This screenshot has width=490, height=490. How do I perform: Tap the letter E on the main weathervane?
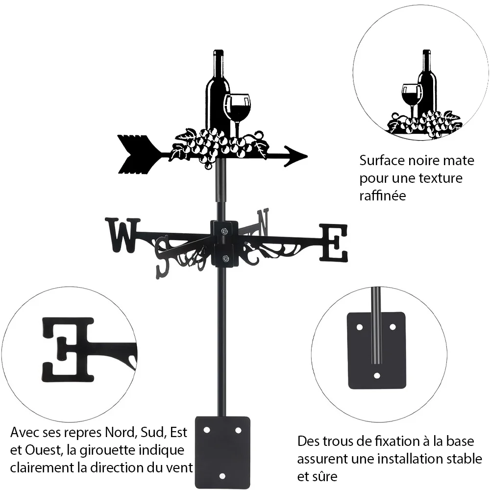coord(333,242)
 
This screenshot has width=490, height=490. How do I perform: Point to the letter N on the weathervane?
coord(263,222)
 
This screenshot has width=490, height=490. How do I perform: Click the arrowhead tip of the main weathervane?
coord(307,156)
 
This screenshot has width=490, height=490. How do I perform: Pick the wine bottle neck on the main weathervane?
coord(218,63)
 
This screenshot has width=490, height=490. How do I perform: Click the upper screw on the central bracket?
coord(224,231)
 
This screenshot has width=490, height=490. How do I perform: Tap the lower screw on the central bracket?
coord(225,258)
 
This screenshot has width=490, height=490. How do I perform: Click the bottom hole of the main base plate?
coord(222,476)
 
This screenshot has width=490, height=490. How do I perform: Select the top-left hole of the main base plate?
coord(207,430)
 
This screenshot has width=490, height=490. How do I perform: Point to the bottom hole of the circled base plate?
coord(377,375)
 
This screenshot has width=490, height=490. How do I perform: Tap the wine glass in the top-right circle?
coord(412,98)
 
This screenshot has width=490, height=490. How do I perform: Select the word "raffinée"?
coord(383,196)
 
